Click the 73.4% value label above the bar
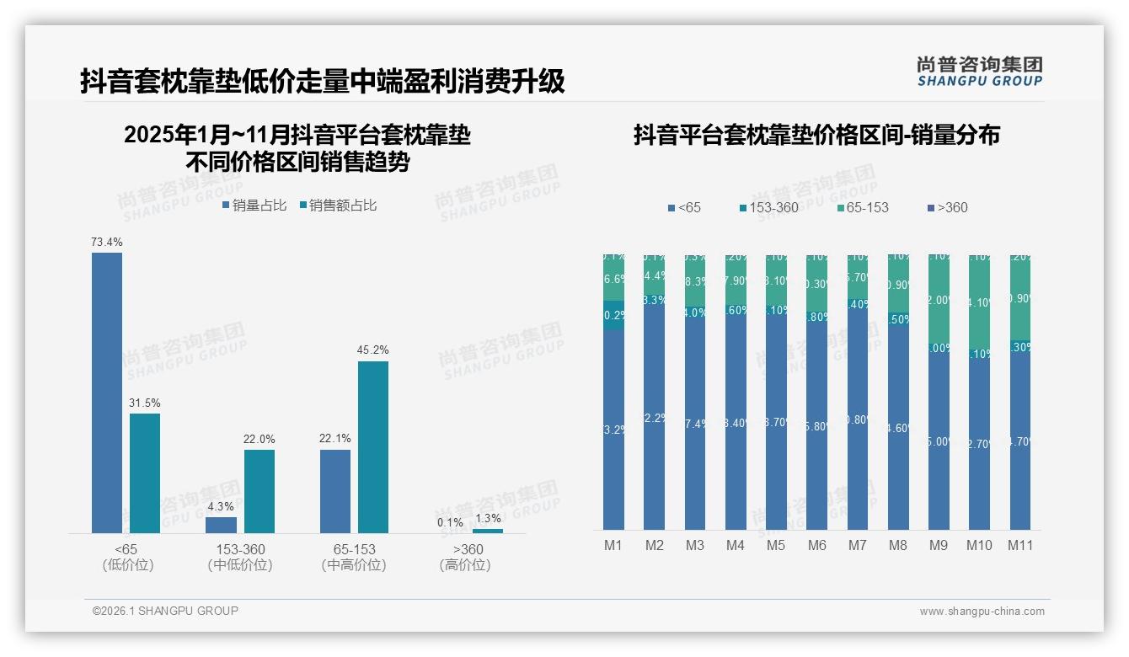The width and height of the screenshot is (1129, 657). [x=107, y=243]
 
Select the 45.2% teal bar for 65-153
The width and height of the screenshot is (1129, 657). [x=373, y=446]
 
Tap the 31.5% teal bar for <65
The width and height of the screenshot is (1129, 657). [x=145, y=473]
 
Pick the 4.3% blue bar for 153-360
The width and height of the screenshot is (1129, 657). [x=222, y=525]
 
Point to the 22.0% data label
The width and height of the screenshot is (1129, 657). [x=260, y=440]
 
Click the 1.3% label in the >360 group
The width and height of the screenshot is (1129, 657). [x=488, y=519]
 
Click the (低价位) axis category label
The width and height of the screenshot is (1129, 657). [x=128, y=565]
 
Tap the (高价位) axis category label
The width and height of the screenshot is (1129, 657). [x=465, y=565]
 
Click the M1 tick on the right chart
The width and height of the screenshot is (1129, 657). [x=613, y=545]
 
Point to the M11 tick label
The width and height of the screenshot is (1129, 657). [x=1020, y=545]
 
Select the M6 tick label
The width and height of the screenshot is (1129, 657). [x=816, y=545]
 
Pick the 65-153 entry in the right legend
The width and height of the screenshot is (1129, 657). [x=864, y=207]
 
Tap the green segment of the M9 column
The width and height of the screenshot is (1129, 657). [x=939, y=299]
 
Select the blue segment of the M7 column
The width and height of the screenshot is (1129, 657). [x=858, y=421]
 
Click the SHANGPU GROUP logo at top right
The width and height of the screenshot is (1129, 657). [x=979, y=72]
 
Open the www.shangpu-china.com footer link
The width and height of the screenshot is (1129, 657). [x=982, y=612]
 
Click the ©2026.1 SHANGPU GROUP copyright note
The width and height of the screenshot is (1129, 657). [x=165, y=611]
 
